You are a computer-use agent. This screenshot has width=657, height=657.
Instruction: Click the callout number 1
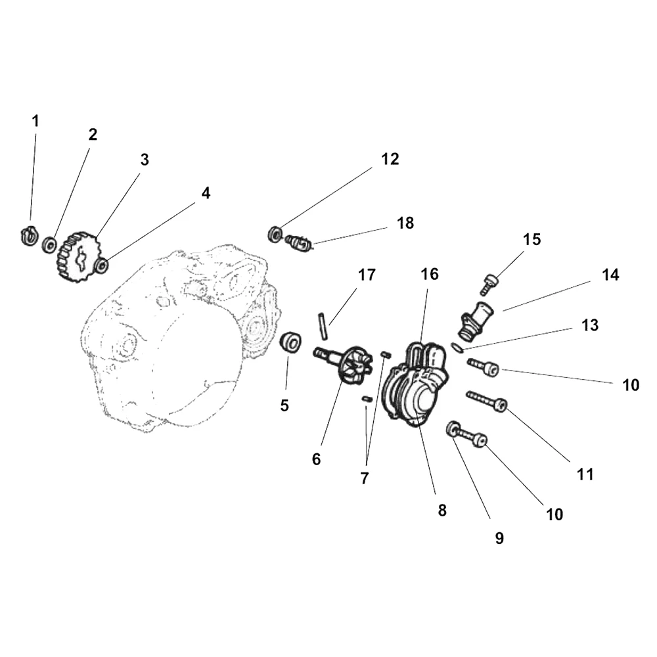tap(35, 121)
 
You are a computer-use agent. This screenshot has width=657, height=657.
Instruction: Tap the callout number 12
tap(390, 159)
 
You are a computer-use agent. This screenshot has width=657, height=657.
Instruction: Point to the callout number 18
tap(405, 223)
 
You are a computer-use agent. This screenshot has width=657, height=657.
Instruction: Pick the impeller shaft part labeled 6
tap(344, 363)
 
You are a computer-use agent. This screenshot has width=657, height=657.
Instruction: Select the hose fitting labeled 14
tap(476, 321)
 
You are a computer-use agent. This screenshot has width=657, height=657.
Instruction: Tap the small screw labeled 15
tap(489, 284)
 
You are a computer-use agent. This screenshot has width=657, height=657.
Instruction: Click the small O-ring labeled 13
tap(457, 348)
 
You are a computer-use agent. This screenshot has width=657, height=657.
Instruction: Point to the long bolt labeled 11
tap(487, 401)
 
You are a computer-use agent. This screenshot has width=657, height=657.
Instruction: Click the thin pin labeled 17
tap(323, 326)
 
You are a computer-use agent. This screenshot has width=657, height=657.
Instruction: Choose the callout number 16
tap(430, 275)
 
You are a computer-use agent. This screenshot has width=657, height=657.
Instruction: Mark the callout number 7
tap(365, 478)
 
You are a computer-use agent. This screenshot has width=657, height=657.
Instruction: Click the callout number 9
tap(499, 538)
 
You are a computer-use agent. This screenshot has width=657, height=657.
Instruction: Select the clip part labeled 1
tap(29, 237)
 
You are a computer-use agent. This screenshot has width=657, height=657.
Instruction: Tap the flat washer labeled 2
tap(50, 244)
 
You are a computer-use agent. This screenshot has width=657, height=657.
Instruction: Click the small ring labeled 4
tap(102, 265)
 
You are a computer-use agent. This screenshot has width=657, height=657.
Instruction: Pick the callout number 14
tap(610, 275)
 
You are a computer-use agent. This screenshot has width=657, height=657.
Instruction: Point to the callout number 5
tap(284, 405)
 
